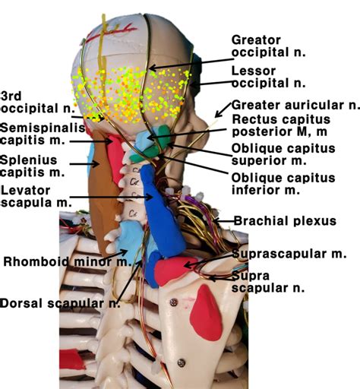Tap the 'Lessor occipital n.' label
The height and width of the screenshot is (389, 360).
[x=268, y=77]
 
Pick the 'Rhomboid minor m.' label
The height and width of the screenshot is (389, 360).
[x=68, y=261]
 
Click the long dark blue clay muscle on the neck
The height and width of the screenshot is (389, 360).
[x=163, y=220]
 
